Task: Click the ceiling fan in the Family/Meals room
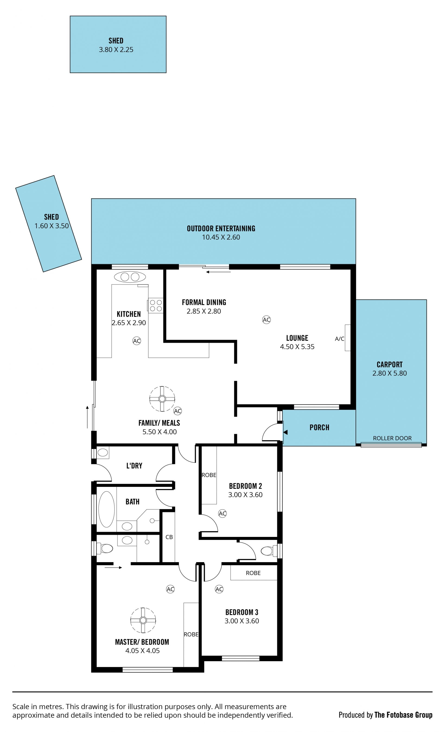162,399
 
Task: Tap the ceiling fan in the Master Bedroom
143,620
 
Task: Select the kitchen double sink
130,277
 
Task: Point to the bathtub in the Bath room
106,509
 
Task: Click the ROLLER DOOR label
392,438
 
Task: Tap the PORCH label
319,427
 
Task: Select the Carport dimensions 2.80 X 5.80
389,373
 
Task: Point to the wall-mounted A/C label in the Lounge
339,339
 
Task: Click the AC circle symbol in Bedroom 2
222,513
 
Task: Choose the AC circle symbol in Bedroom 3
219,589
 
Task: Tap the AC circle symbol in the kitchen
137,341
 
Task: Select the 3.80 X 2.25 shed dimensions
116,50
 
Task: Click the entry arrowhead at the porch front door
286,432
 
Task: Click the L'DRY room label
134,466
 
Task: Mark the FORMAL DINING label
204,302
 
